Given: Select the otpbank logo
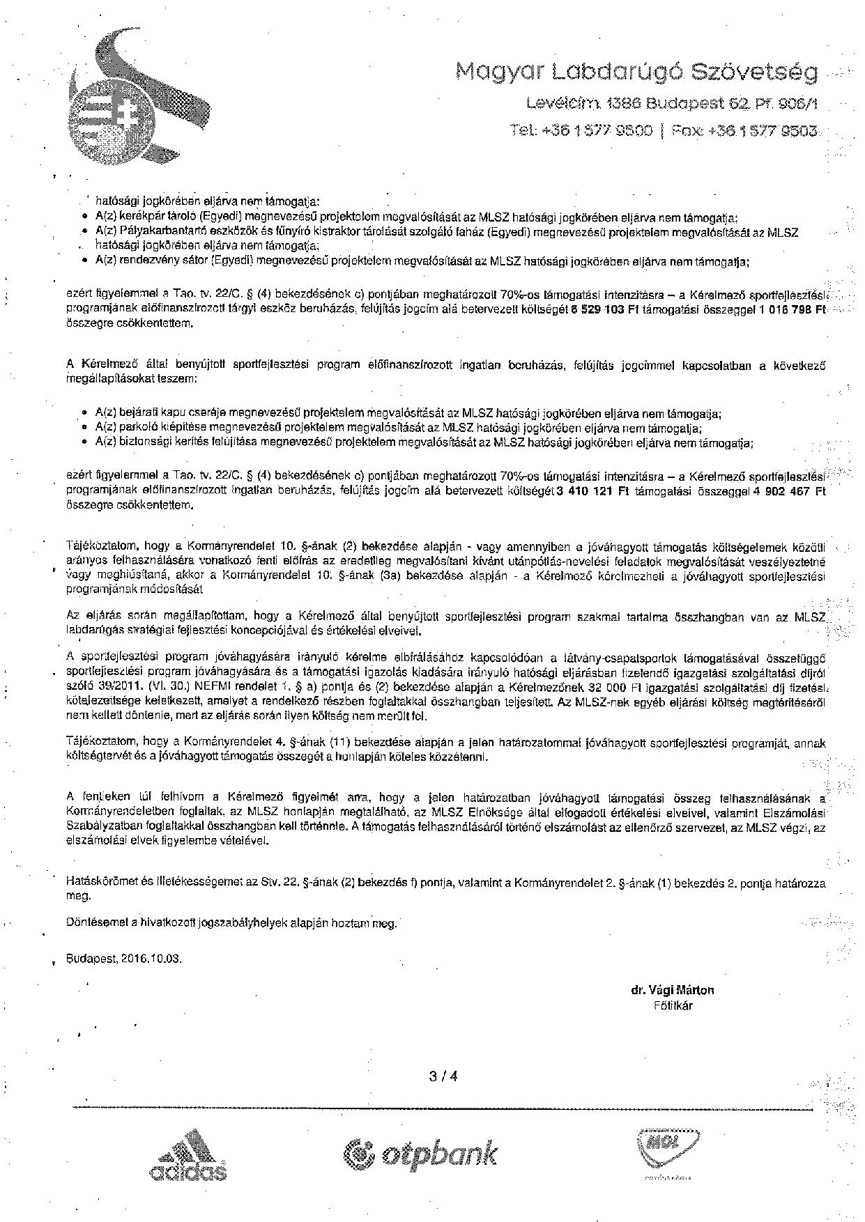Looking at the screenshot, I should click(421, 1154).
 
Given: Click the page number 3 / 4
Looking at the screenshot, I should click(443, 1075).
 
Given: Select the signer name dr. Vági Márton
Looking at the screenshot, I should click(672, 990).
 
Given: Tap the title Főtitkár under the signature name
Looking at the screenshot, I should click(673, 1005).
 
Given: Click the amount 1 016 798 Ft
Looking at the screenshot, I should click(792, 311).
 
